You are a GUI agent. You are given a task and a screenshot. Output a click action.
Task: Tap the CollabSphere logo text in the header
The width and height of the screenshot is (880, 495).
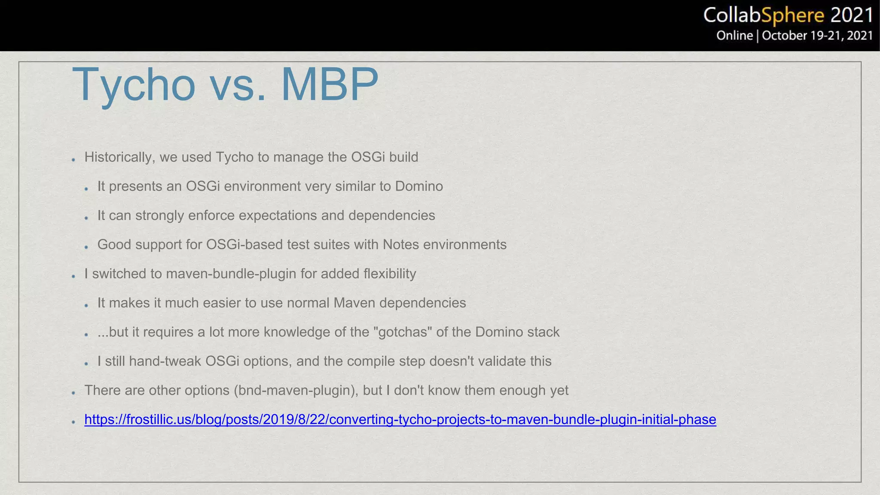tap(764, 15)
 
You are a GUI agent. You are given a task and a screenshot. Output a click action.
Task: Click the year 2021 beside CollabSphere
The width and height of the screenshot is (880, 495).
tap(852, 15)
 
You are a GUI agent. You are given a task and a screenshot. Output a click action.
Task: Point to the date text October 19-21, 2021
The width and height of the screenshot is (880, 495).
tap(817, 36)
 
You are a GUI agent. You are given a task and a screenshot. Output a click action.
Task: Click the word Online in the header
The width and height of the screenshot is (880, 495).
tap(734, 36)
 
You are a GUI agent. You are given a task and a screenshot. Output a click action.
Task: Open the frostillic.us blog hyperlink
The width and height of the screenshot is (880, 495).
tap(400, 419)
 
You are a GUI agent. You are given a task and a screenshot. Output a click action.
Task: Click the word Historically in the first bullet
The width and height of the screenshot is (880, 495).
tap(118, 157)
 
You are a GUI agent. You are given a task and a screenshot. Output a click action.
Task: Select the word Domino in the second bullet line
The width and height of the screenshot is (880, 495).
tap(419, 186)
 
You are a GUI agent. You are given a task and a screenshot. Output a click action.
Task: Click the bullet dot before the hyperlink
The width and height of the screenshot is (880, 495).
tap(73, 422)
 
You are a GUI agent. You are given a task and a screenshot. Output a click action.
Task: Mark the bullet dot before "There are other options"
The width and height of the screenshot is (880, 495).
tap(73, 393)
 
